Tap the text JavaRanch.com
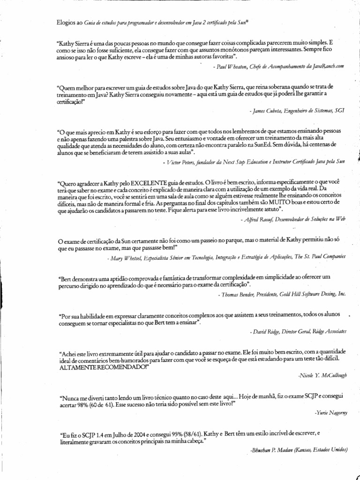329,67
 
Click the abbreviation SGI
338,111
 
